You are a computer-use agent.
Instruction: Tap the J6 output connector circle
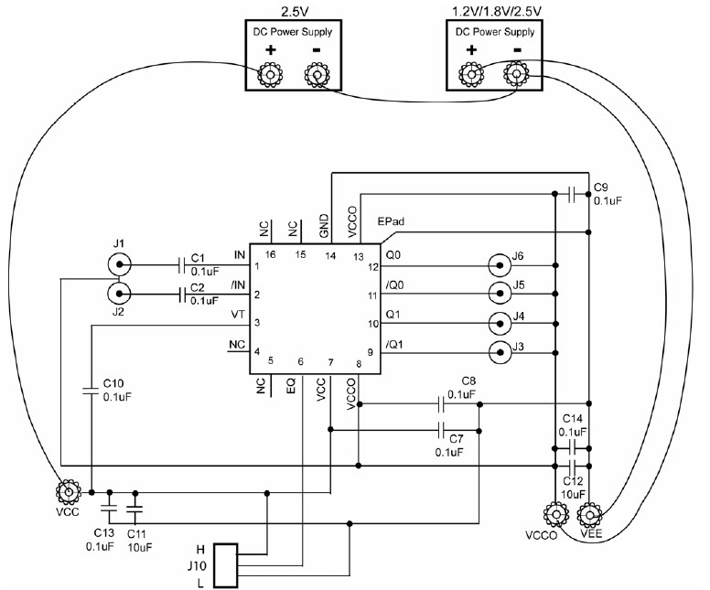point(500,266)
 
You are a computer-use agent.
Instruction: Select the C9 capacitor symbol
point(572,194)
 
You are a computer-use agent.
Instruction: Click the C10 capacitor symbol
point(91,391)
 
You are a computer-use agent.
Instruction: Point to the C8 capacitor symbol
point(441,404)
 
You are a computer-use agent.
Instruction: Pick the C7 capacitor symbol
point(441,430)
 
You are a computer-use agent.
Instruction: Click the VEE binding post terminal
point(589,514)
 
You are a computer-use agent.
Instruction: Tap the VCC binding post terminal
point(69,492)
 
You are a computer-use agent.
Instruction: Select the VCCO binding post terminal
point(555,514)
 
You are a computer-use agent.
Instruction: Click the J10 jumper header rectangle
point(225,566)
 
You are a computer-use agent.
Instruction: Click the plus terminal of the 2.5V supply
point(270,74)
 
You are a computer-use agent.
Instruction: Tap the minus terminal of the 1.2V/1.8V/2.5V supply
point(517,74)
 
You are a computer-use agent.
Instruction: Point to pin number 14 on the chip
point(330,256)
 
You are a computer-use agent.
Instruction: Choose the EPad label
point(391,222)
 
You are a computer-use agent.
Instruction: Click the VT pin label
point(238,315)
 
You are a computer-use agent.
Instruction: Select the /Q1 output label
point(394,345)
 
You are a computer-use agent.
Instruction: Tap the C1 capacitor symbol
point(182,265)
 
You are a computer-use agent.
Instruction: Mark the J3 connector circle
point(500,352)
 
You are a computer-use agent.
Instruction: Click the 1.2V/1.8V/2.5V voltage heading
point(497,11)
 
